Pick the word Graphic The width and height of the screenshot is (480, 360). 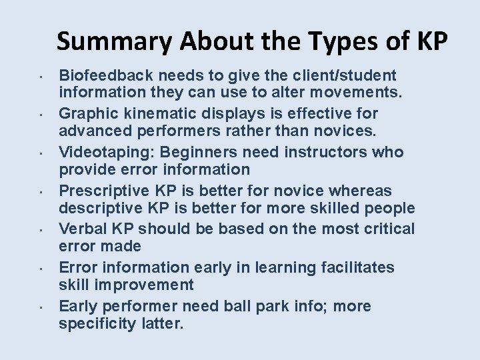pyautogui.click(x=85, y=114)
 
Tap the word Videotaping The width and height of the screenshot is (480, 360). pyautogui.click(x=107, y=153)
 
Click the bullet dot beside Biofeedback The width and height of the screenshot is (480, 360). pyautogui.click(x=41, y=75)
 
